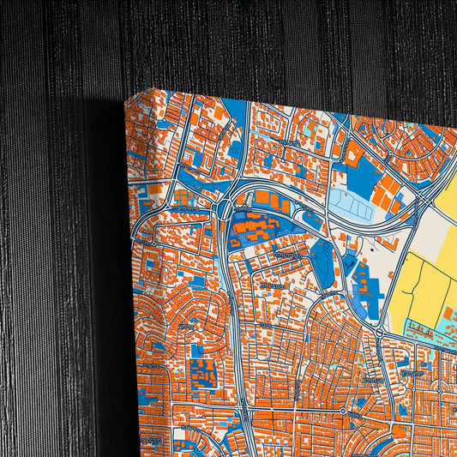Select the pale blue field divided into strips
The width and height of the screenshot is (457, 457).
click(351, 204)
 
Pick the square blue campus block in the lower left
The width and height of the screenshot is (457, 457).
click(204, 374)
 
